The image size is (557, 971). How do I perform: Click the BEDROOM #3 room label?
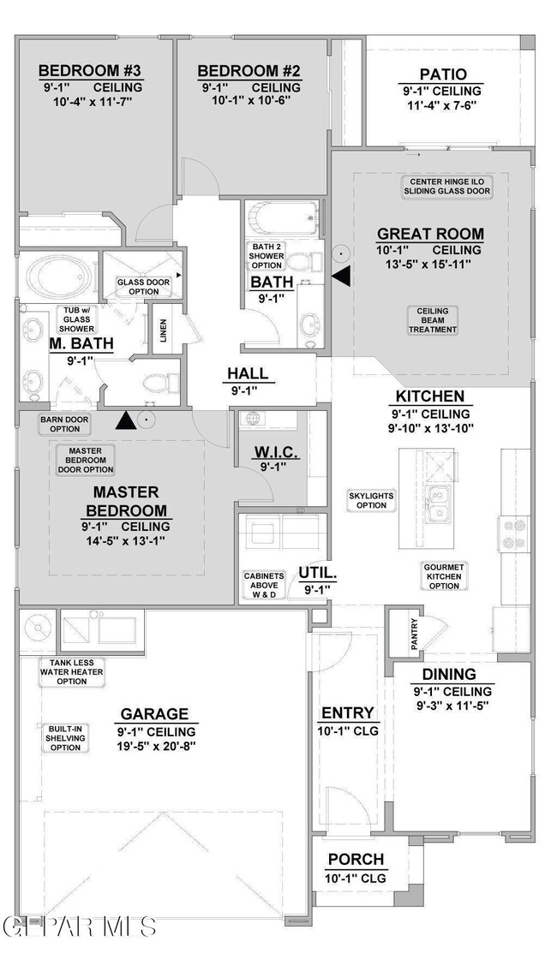(91, 70)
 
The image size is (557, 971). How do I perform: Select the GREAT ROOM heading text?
(431, 234)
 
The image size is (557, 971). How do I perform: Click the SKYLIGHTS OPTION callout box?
(371, 500)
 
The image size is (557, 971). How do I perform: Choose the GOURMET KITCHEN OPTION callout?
(444, 576)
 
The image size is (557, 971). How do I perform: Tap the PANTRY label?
(414, 634)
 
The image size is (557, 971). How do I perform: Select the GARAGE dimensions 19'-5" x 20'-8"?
(154, 746)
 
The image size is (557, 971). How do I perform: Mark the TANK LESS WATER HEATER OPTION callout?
(72, 672)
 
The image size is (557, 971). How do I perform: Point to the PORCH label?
(356, 860)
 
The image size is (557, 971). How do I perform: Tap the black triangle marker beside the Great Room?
(341, 277)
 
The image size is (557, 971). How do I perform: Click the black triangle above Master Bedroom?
(126, 420)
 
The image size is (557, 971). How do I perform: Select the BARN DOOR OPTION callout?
(65, 424)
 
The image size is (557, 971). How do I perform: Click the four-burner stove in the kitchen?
(514, 533)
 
